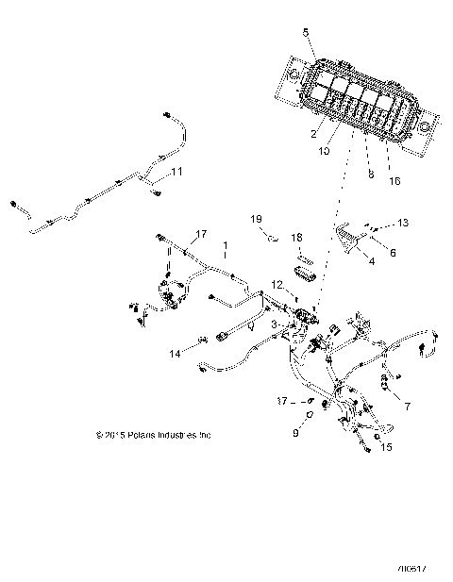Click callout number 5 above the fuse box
(305, 33)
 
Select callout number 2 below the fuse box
(313, 135)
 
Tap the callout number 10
(324, 151)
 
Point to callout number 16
(394, 179)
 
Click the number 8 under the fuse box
(370, 175)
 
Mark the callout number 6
(394, 254)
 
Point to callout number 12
(277, 284)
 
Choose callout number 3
(274, 324)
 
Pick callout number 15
(386, 449)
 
